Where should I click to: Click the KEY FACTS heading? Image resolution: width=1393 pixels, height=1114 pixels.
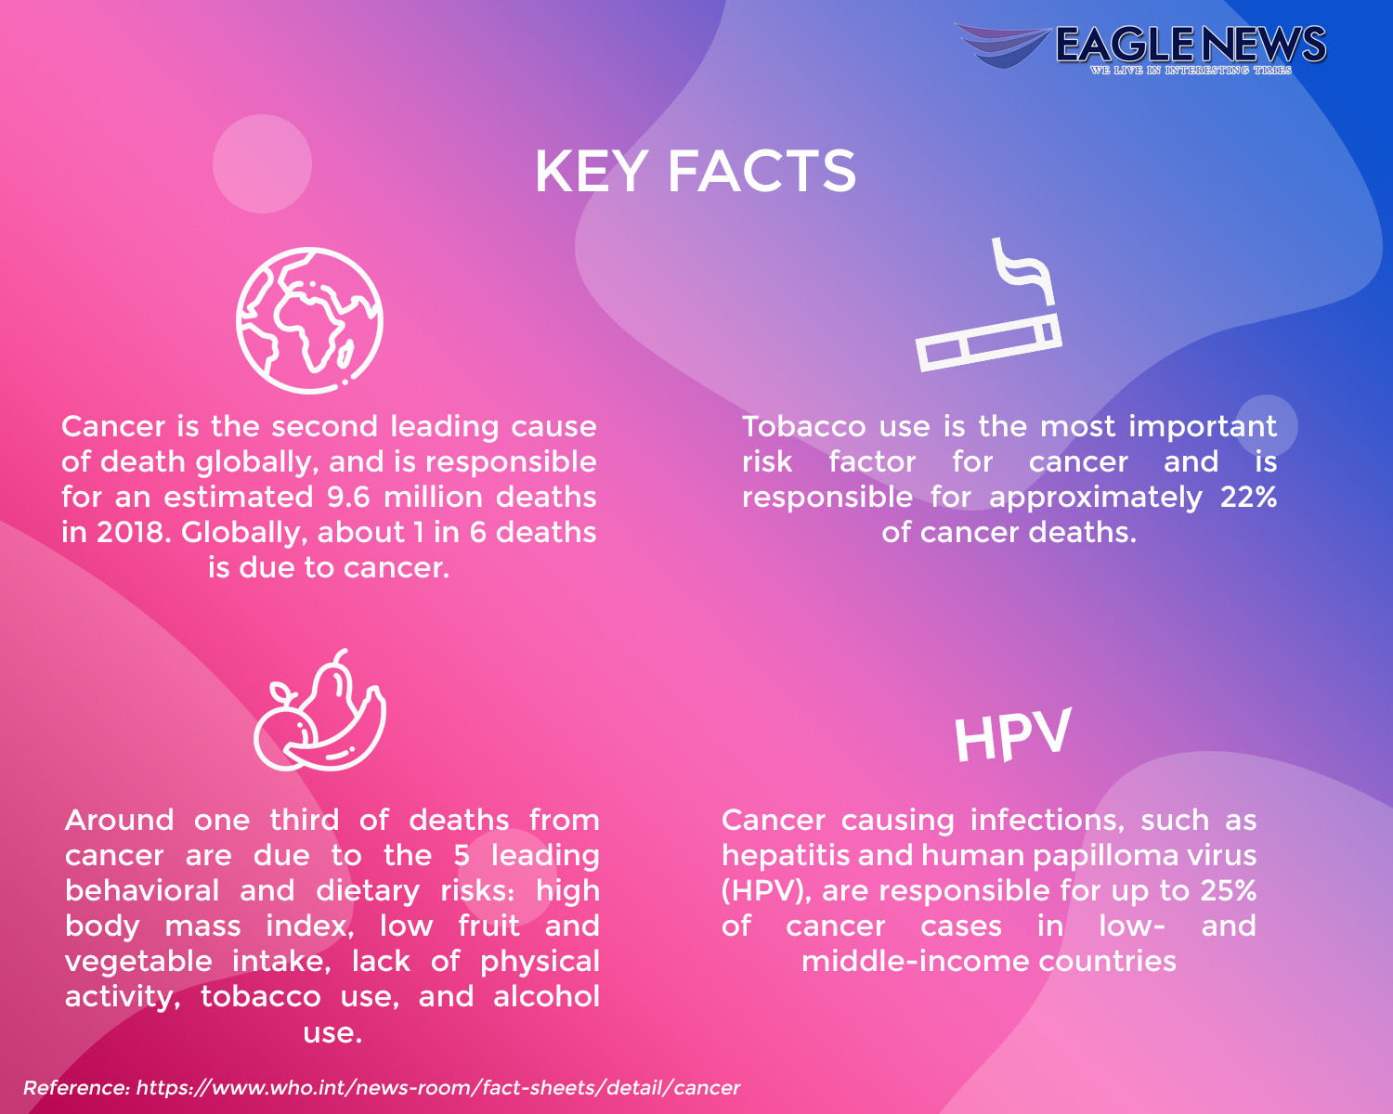[696, 171]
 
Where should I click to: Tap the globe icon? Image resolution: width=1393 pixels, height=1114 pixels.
[309, 320]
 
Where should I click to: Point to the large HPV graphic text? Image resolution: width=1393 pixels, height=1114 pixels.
[1013, 734]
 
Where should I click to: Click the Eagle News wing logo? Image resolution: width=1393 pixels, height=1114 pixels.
[1002, 45]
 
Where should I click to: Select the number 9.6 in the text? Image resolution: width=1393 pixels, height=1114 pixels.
[349, 498]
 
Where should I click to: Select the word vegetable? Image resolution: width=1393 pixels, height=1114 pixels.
[138, 962]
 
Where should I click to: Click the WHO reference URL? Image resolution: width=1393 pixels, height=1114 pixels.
[437, 1087]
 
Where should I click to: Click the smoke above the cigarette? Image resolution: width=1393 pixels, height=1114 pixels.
[1022, 270]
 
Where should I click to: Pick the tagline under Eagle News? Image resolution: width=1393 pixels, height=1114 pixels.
[1191, 70]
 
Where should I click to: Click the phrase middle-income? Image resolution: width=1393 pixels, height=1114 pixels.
[916, 962]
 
